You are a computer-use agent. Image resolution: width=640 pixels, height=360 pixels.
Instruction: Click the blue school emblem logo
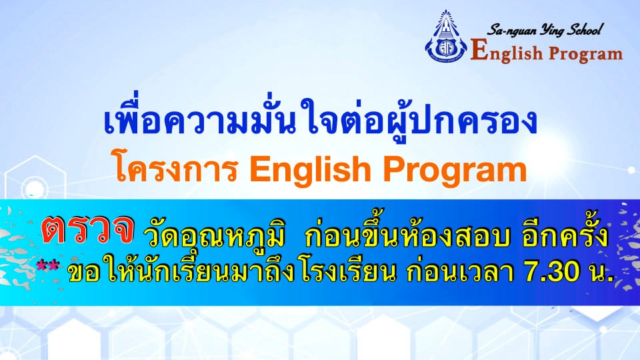point(446,37)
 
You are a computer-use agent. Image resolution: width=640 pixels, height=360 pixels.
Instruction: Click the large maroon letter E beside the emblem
point(479,51)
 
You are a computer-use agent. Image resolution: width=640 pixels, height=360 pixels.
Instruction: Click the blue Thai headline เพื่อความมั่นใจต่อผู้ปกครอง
point(321,119)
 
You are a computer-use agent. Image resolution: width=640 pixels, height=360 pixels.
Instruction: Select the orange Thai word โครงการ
point(177,168)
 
